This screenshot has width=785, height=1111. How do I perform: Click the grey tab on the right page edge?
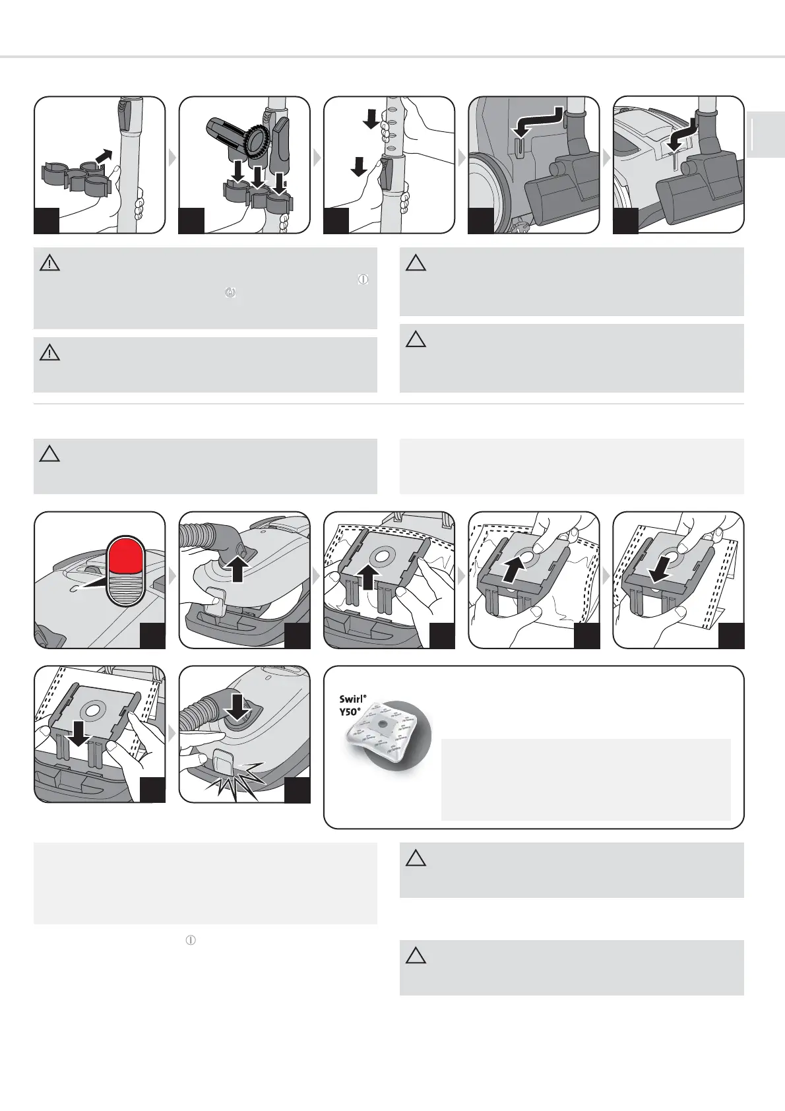point(766,135)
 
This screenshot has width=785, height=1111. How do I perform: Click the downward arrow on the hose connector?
point(237,707)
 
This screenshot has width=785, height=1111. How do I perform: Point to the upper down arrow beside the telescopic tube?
point(371,119)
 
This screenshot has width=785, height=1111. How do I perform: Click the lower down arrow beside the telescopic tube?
point(359,167)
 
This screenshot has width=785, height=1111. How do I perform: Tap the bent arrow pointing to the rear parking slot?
point(538,121)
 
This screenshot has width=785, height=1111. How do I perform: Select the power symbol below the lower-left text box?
point(191,940)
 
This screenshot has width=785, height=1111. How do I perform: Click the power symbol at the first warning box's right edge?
point(363,279)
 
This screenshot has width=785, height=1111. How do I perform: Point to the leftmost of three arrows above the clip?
point(238,172)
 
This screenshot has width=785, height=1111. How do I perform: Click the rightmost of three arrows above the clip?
point(280,183)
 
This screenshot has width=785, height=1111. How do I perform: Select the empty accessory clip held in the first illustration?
point(75,177)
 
